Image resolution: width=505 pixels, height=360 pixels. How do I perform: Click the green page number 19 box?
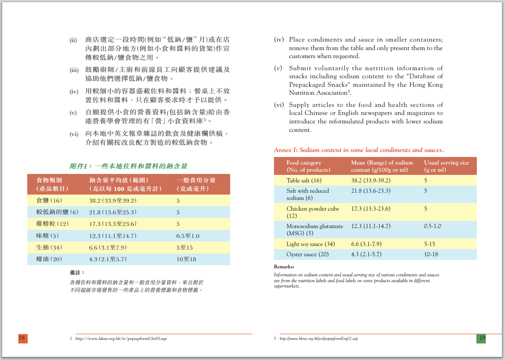[481, 339]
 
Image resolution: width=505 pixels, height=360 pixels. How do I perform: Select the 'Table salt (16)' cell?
[304, 181]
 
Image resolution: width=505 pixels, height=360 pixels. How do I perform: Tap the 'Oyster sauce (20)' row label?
[307, 254]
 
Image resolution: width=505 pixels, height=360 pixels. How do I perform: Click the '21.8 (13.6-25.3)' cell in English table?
[370, 191]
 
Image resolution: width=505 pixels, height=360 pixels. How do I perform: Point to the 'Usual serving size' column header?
[446, 163]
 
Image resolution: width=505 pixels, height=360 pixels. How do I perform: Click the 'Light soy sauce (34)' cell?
[311, 244]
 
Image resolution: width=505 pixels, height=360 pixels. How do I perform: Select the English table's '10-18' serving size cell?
[431, 254]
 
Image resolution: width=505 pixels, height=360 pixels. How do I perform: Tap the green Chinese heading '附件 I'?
[128, 166]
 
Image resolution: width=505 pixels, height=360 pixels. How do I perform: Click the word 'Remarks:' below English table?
[284, 267]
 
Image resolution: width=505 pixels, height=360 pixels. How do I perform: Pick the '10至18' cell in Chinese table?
[186, 259]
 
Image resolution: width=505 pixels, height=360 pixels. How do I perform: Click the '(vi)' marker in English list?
[279, 105]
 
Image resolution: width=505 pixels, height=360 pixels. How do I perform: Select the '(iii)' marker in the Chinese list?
[74, 70]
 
